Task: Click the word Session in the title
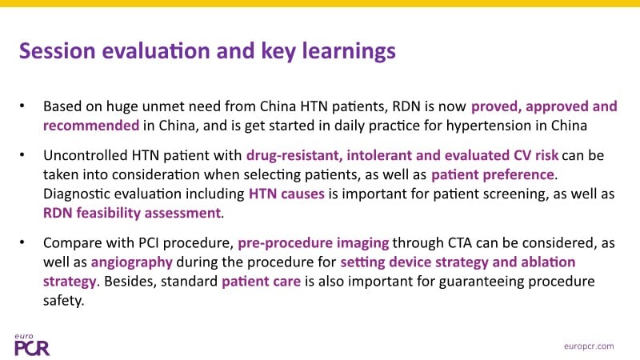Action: point(57,50)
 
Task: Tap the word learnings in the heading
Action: point(349,52)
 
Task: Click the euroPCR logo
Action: point(32,345)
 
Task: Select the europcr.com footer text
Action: point(589,346)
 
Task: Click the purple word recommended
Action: point(91,126)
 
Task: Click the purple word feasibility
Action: point(108,213)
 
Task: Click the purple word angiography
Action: point(132,262)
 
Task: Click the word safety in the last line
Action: point(64,301)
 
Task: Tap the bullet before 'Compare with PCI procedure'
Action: point(22,243)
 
